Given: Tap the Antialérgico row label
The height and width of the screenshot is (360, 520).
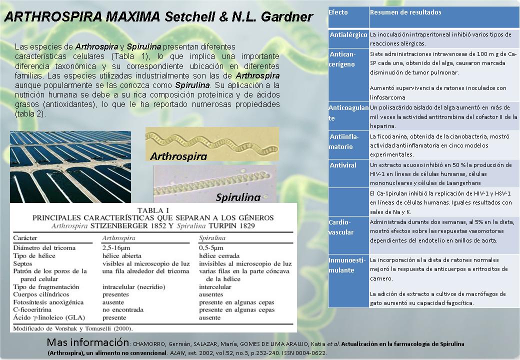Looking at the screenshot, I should tap(348, 35).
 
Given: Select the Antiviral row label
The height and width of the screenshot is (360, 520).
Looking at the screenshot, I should tap(343, 165).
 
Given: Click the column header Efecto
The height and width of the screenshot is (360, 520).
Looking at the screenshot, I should tap(338, 12).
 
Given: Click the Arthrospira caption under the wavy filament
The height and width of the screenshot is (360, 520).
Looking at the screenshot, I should tap(178, 156).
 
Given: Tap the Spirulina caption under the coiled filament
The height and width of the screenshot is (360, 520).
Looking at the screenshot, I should tap(238, 197).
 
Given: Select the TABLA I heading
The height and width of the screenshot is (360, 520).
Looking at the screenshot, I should tap(153, 210).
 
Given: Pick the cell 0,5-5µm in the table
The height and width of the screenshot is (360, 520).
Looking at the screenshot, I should tap(213, 247).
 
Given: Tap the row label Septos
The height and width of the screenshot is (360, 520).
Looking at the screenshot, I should tap(23, 263).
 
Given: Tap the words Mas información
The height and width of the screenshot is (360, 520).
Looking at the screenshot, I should tap(87, 343).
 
